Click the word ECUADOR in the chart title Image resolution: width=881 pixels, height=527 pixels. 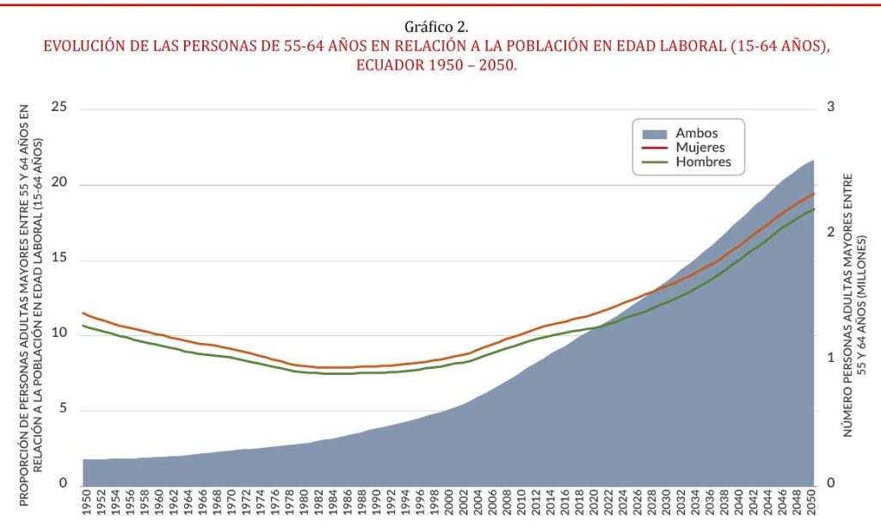(391, 66)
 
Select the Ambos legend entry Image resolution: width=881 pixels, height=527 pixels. (696, 133)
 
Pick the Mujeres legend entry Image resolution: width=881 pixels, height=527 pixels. (699, 147)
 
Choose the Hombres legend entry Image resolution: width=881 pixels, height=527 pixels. (703, 162)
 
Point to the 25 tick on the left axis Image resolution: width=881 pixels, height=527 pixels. (59, 107)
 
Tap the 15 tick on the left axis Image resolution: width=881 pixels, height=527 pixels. (59, 260)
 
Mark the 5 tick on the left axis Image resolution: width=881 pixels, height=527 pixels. (63, 410)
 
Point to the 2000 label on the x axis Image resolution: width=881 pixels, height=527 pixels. (449, 506)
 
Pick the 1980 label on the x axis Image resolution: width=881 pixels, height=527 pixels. (303, 506)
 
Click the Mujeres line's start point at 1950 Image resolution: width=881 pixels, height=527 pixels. (83, 313)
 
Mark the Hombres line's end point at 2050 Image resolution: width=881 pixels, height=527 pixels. (814, 209)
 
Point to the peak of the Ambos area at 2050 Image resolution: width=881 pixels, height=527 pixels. (813, 161)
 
